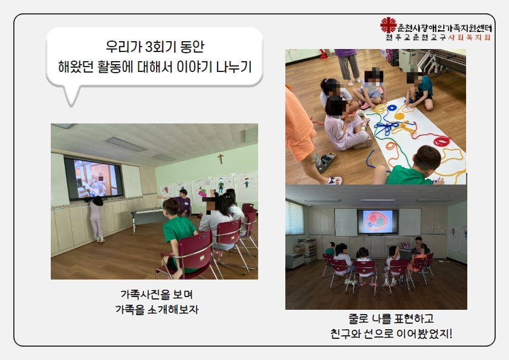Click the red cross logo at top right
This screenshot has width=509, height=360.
click(388, 25)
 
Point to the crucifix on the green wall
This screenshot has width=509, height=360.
click(221, 159)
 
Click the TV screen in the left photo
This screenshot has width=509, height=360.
click(94, 178)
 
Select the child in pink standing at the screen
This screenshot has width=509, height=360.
click(96, 218)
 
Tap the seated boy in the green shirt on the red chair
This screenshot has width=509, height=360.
click(177, 235)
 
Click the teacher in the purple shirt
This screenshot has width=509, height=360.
click(183, 203)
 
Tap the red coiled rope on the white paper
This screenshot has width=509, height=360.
click(441, 141)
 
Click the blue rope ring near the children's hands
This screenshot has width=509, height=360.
click(392, 107)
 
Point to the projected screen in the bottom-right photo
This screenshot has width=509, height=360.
click(378, 221)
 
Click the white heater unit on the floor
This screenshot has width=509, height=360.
click(295, 261)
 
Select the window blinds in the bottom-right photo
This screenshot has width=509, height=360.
click(294, 218)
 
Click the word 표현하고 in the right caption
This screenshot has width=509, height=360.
click(414, 318)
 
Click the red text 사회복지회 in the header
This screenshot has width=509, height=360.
click(469, 38)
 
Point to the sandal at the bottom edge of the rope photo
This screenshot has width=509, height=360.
click(334, 180)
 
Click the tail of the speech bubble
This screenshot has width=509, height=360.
click(71, 96)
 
